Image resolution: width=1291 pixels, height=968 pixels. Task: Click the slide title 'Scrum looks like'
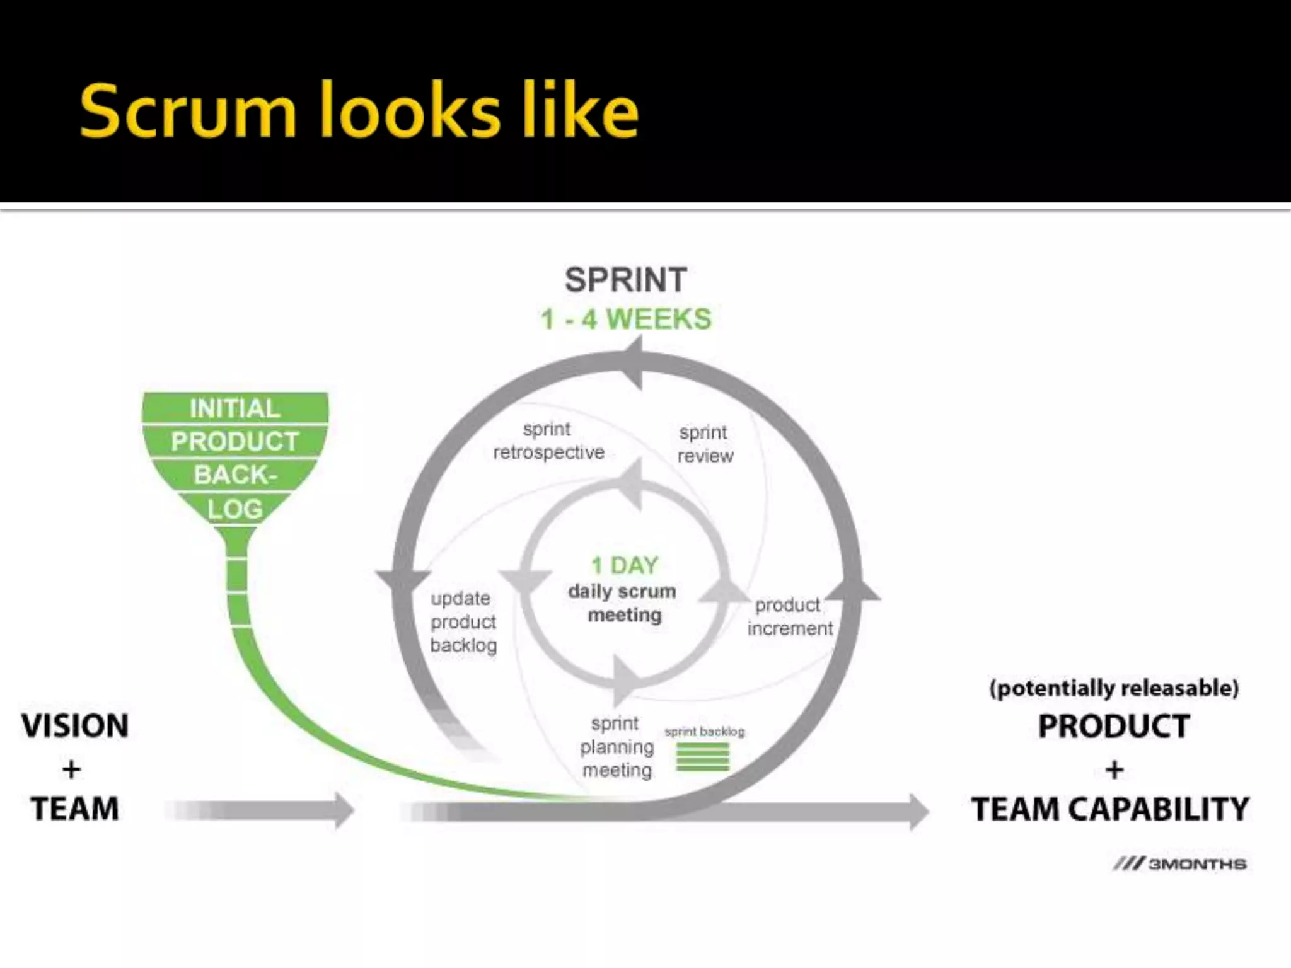point(359,112)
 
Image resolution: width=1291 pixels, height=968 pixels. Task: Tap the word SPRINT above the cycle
point(625,280)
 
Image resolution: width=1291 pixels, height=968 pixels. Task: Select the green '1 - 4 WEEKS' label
point(626,320)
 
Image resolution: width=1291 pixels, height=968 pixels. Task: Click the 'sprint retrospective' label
point(548,441)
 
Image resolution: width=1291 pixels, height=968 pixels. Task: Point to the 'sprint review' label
point(705,444)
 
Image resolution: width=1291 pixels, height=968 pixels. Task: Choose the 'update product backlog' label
point(463,622)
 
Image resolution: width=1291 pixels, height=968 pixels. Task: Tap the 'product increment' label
point(789,617)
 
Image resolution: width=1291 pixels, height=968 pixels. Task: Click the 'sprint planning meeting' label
point(617,747)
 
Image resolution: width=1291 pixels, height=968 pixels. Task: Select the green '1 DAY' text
point(625,565)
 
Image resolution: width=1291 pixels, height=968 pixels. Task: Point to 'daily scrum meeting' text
point(623,603)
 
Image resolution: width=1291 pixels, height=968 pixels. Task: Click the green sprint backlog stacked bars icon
point(702,756)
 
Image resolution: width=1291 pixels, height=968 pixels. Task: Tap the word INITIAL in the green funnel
point(234,409)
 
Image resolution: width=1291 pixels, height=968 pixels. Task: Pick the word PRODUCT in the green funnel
point(234,442)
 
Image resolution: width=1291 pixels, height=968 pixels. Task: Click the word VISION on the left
point(75,726)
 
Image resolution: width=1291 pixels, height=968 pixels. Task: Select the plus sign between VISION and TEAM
point(72,769)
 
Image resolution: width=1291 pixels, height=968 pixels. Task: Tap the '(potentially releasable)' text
point(1114,688)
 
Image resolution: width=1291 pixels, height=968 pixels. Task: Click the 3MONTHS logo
point(1179,864)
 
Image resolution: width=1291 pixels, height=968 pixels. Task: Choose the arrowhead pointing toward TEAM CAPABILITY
point(918,812)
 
